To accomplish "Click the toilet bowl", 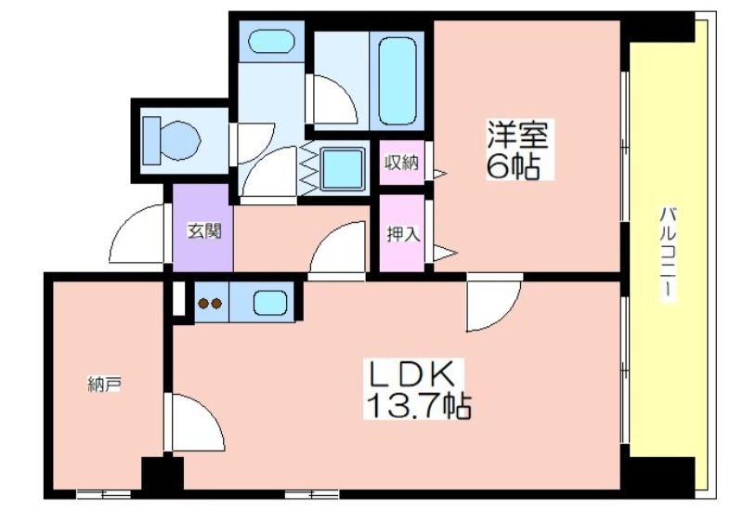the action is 181,140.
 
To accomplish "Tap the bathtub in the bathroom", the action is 398,81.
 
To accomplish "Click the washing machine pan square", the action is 343,169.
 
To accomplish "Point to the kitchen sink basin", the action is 270,302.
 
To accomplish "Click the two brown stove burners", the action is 210,303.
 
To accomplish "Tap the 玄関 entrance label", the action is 204,231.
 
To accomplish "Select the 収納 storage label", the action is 401,163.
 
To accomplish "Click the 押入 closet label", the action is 403,234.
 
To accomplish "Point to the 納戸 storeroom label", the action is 104,385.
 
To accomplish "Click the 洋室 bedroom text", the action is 518,134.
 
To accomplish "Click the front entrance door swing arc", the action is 128,222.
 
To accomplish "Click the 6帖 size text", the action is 514,165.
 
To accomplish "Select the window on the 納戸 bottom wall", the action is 104,494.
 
